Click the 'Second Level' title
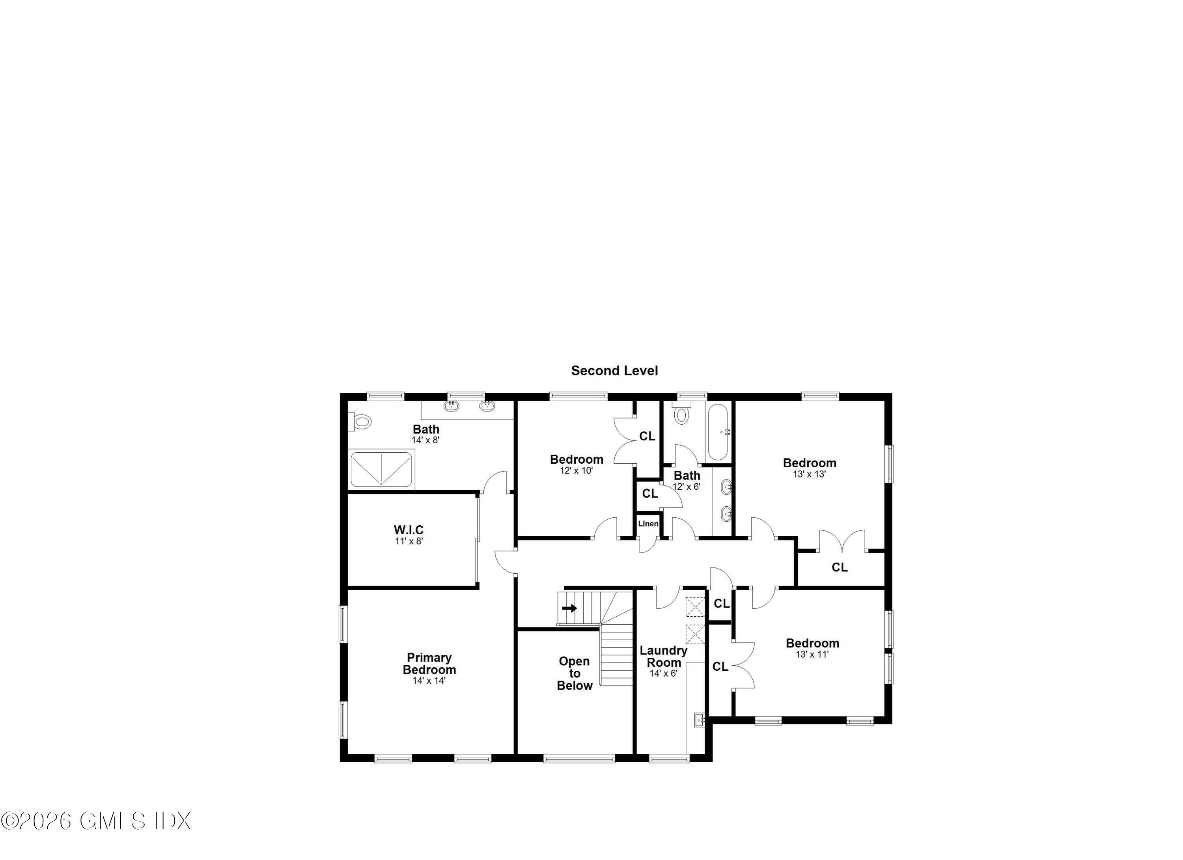pyautogui.click(x=614, y=371)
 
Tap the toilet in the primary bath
pyautogui.click(x=360, y=421)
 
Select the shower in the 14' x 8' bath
pyautogui.click(x=381, y=469)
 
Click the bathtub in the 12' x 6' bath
pyautogui.click(x=718, y=432)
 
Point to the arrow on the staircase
pyautogui.click(x=569, y=608)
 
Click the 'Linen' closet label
pyautogui.click(x=648, y=524)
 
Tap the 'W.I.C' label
pyautogui.click(x=409, y=530)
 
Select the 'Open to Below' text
pyautogui.click(x=574, y=673)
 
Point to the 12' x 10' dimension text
pyautogui.click(x=577, y=470)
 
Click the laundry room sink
pyautogui.click(x=700, y=720)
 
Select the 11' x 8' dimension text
pyautogui.click(x=409, y=541)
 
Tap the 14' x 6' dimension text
pyautogui.click(x=663, y=673)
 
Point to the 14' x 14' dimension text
pyautogui.click(x=429, y=681)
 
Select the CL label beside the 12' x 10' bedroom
pyautogui.click(x=647, y=436)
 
